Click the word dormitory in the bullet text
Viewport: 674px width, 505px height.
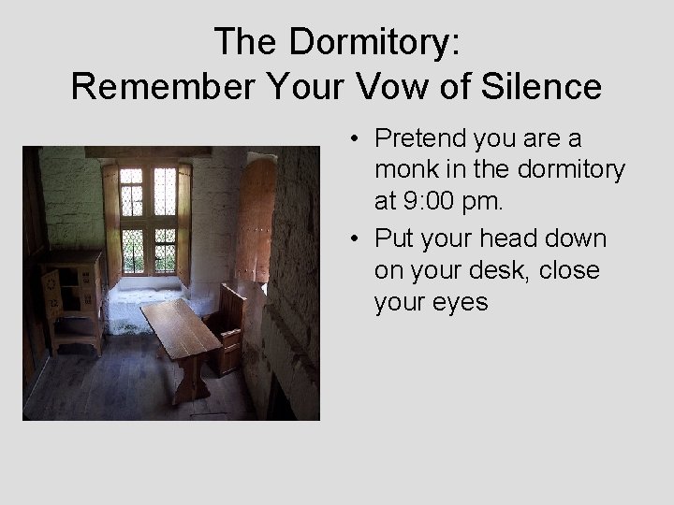(x=542, y=171)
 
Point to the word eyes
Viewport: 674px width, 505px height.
(x=458, y=302)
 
